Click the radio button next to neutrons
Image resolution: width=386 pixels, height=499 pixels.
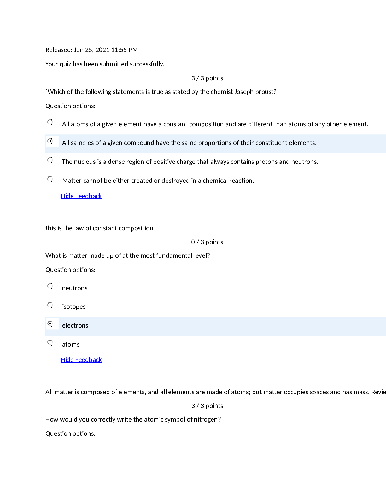click(50, 286)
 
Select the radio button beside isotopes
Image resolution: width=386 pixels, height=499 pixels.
click(50, 305)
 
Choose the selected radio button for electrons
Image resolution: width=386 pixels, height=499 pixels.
click(50, 324)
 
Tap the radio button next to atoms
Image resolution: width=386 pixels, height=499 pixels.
click(50, 342)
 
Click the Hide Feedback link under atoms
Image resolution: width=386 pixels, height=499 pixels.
click(81, 360)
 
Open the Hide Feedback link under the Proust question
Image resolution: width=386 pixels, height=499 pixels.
click(81, 196)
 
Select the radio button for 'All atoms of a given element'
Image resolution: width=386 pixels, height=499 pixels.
click(50, 122)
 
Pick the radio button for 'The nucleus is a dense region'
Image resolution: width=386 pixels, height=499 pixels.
click(50, 160)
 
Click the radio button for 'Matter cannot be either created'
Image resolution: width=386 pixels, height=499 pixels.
click(50, 179)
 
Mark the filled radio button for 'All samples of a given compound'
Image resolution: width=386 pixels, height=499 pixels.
click(50, 141)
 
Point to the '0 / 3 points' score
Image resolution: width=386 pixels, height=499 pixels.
click(207, 242)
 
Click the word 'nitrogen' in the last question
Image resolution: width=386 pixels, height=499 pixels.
click(207, 420)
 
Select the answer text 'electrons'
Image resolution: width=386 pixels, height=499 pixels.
click(75, 325)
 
